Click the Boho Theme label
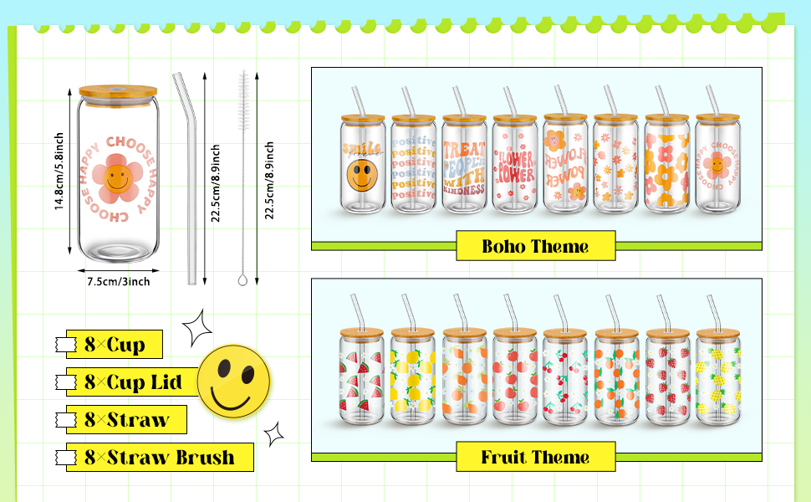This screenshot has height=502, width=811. point(535,246)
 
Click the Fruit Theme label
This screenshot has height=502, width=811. point(535,457)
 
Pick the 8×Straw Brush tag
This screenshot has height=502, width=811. point(159,458)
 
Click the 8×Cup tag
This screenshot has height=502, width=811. point(115,344)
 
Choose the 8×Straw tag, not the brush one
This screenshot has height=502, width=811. point(126,420)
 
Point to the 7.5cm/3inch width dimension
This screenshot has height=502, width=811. point(119,282)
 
